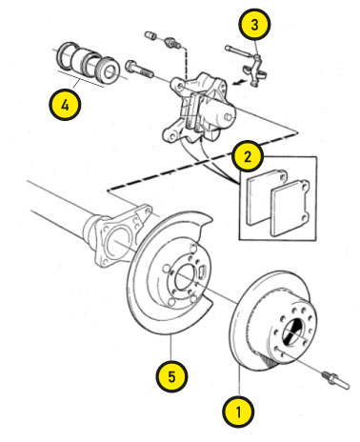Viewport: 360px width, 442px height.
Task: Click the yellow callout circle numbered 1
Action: pyautogui.click(x=238, y=412)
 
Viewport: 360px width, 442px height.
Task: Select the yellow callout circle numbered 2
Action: pyautogui.click(x=248, y=156)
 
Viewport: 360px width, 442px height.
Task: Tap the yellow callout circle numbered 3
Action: pyautogui.click(x=254, y=25)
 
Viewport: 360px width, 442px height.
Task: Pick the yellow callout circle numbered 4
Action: pyautogui.click(x=65, y=105)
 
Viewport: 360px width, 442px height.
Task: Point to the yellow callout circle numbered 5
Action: pyautogui.click(x=171, y=376)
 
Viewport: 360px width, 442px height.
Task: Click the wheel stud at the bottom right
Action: pyautogui.click(x=335, y=379)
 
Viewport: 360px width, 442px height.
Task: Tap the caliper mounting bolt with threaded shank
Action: pyautogui.click(x=139, y=70)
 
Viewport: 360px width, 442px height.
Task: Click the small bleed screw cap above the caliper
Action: pyautogui.click(x=150, y=35)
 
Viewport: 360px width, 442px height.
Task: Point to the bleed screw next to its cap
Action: pyautogui.click(x=172, y=43)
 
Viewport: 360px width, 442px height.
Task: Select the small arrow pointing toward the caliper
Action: pyautogui.click(x=239, y=82)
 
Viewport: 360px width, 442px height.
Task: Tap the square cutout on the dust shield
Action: pyautogui.click(x=203, y=272)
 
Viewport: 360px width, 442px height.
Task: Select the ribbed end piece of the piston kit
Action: pyautogui.click(x=109, y=70)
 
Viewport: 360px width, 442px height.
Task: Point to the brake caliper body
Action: pyautogui.click(x=199, y=108)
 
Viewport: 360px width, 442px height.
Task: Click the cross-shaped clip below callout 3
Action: pyautogui.click(x=255, y=70)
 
